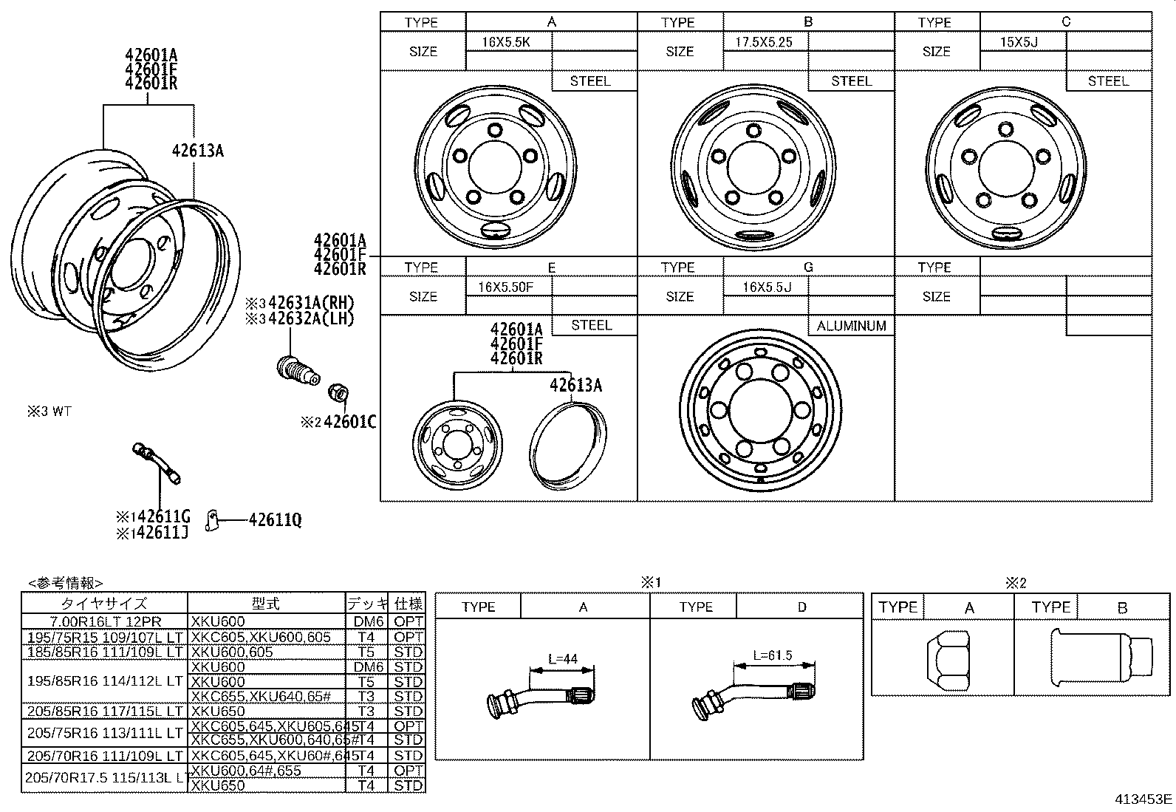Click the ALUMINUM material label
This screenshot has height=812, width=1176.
(x=851, y=326)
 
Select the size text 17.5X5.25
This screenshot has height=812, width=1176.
(x=763, y=42)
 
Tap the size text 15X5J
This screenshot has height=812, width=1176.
(x=1019, y=42)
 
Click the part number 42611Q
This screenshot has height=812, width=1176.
(x=275, y=520)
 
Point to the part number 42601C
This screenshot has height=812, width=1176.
(x=349, y=422)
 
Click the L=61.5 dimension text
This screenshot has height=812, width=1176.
(x=772, y=655)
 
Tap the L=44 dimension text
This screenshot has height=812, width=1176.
(x=562, y=658)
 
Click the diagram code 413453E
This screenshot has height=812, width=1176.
(x=1143, y=799)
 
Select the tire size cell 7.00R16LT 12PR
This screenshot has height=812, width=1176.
(x=105, y=622)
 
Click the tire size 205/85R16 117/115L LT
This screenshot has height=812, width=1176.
(x=105, y=711)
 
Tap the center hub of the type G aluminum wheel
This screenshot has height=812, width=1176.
(x=759, y=410)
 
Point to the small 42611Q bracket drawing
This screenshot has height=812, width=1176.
(x=213, y=520)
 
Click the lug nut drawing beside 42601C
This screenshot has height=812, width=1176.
(x=338, y=393)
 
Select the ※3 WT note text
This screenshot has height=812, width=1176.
(x=49, y=412)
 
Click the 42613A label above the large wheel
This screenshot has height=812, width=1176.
(x=197, y=151)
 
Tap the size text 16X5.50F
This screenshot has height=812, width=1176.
(x=505, y=287)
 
